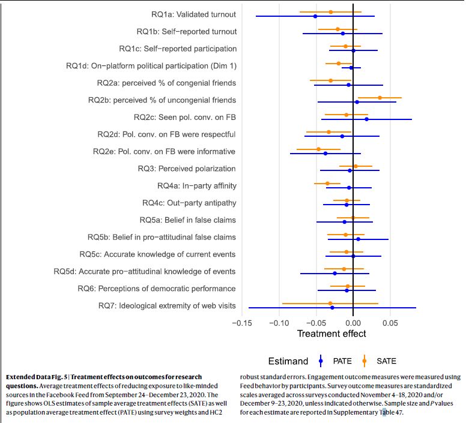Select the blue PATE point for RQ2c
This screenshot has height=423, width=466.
(366, 119)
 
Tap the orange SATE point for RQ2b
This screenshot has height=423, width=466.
(380, 98)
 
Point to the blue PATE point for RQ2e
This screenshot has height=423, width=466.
(325, 154)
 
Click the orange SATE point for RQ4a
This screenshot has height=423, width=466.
(327, 184)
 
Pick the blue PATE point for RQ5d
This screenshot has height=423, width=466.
(335, 274)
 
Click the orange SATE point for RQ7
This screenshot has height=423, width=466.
(330, 304)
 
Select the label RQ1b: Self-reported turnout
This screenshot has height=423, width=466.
(186, 31)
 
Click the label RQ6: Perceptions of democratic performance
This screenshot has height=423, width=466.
(157, 289)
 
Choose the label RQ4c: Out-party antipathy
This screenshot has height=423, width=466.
(189, 203)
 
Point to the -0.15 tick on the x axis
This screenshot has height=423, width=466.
(242, 323)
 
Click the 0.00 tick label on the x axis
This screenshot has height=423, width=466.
(353, 323)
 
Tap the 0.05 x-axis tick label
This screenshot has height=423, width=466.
(390, 323)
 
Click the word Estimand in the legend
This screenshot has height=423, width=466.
(288, 361)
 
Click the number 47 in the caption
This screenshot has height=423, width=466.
(399, 413)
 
